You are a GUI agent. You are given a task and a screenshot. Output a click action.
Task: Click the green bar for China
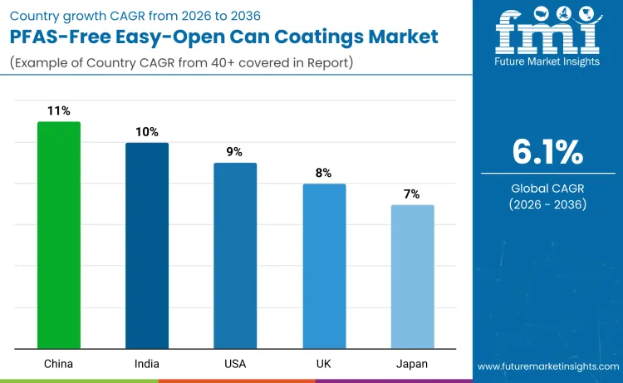tap(59, 235)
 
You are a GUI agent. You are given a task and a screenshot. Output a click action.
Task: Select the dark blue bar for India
tap(147, 245)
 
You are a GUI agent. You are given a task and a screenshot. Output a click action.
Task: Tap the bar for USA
tap(235, 255)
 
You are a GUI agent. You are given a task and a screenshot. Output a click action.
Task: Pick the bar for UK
tap(324, 266)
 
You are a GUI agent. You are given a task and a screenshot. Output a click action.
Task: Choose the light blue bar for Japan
tap(412, 277)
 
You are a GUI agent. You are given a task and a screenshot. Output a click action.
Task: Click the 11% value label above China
tap(59, 110)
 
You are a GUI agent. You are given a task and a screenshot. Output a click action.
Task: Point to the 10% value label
tap(147, 131)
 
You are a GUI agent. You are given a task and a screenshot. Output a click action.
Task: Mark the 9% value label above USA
tap(235, 151)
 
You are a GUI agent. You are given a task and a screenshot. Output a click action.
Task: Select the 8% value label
tap(324, 173)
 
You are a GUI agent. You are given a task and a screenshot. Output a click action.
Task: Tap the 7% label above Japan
tap(412, 194)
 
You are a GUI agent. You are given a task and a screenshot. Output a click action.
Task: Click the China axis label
tap(59, 363)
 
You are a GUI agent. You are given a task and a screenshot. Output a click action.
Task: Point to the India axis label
tap(147, 363)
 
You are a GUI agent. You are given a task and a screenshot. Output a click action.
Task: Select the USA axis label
tap(235, 363)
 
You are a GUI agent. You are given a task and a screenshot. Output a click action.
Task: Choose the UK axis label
tap(324, 363)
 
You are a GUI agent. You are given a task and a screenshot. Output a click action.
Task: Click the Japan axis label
tap(412, 363)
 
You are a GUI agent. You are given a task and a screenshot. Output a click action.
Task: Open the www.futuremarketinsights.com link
tap(548, 366)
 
